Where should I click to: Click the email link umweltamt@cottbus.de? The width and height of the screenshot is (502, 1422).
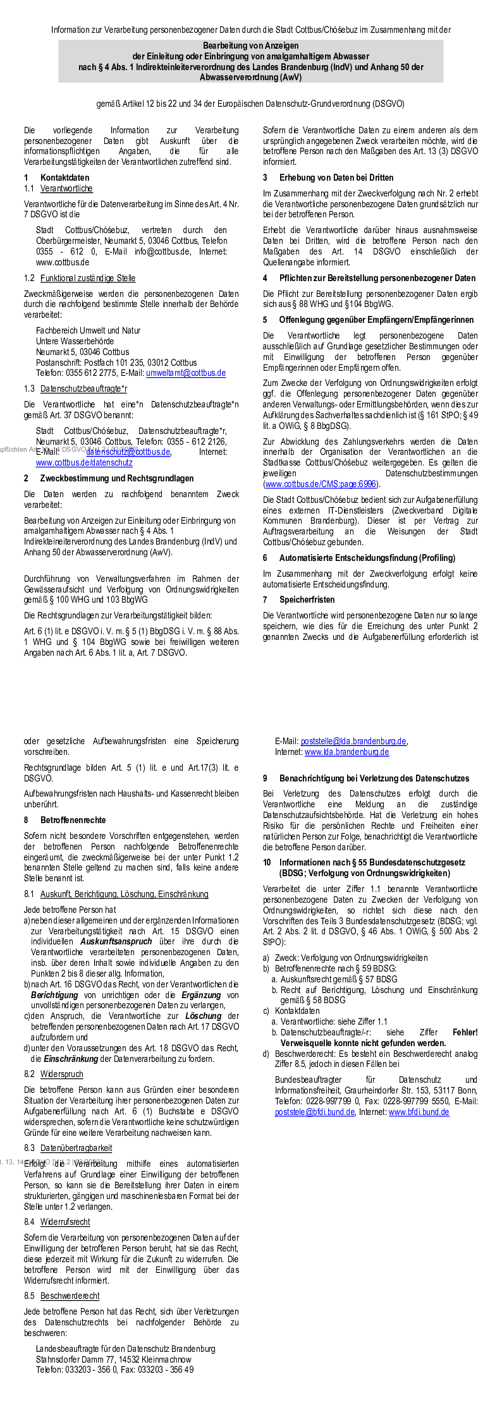click(x=186, y=373)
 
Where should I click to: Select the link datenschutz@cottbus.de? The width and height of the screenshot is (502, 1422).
click(x=128, y=452)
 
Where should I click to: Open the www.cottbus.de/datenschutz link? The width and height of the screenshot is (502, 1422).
click(x=84, y=463)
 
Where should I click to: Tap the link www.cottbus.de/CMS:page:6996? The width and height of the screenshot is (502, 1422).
click(x=321, y=485)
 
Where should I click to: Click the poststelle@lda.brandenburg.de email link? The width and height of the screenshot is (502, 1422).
click(x=353, y=742)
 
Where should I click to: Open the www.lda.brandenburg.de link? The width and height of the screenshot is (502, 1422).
click(x=346, y=752)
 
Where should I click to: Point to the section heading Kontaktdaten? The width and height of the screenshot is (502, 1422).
click(x=64, y=178)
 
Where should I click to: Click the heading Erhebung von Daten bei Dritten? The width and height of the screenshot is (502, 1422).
click(x=336, y=178)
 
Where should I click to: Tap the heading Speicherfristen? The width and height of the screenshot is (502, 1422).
click(x=307, y=600)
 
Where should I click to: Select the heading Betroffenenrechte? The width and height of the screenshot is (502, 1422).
click(x=73, y=821)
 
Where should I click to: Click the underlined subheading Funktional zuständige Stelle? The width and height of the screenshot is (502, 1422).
click(x=88, y=279)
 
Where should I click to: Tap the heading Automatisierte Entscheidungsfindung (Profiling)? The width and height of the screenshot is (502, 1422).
click(x=367, y=558)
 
